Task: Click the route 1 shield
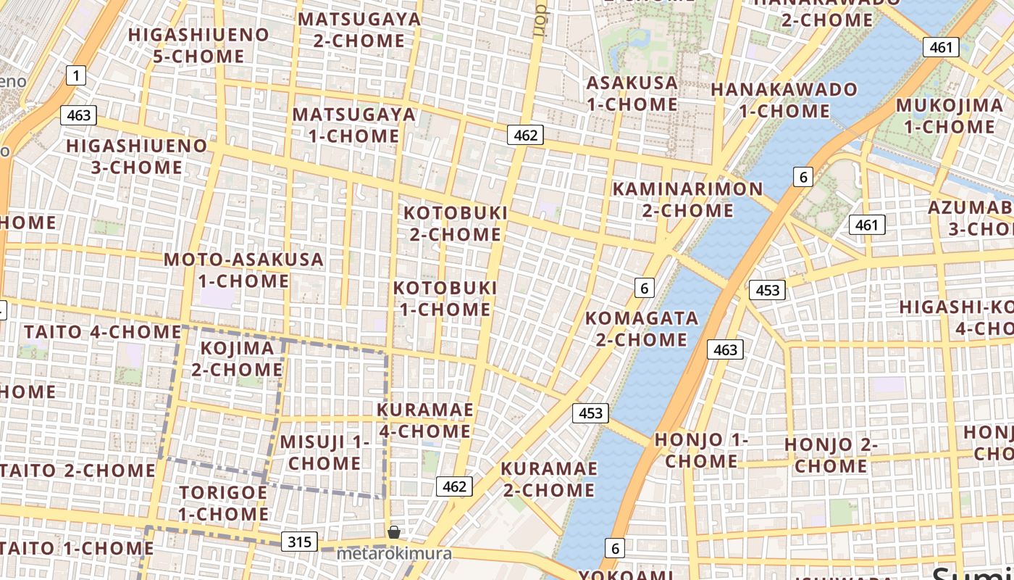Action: click(75, 75)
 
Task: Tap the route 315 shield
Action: click(299, 542)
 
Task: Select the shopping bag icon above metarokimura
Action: click(394, 532)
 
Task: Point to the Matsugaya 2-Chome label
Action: click(359, 30)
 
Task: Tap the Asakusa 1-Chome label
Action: click(632, 94)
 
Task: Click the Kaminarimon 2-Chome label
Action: click(687, 199)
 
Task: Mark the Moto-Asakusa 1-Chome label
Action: click(243, 270)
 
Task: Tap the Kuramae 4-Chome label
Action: click(424, 420)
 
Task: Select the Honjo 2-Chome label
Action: click(831, 455)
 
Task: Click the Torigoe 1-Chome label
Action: click(223, 502)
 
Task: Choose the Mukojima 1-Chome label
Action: click(950, 115)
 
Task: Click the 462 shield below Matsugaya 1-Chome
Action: click(525, 135)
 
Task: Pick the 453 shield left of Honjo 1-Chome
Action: click(591, 413)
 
